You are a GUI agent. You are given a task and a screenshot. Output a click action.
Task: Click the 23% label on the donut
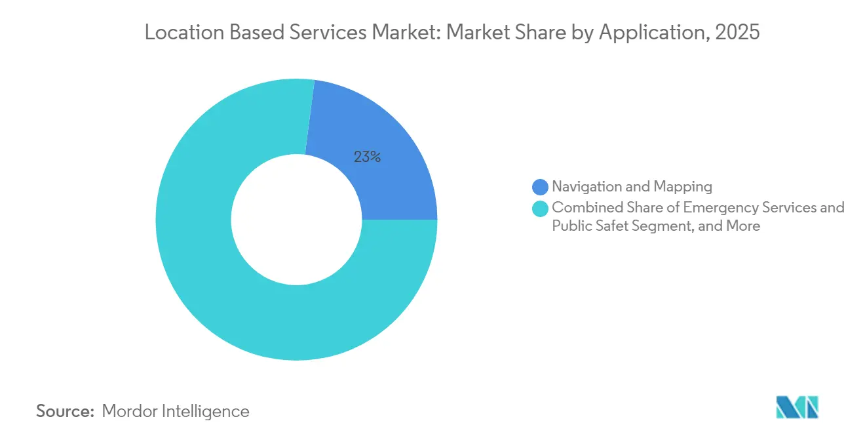tap(367, 157)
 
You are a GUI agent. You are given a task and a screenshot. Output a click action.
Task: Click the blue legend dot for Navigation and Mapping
tap(541, 187)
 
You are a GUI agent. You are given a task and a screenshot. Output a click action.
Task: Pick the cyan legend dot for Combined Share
tap(541, 208)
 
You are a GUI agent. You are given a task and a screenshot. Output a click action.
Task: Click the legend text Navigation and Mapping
tap(632, 187)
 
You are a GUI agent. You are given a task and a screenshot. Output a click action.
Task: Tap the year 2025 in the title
tap(739, 32)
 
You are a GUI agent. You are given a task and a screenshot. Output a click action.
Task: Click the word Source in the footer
tap(65, 411)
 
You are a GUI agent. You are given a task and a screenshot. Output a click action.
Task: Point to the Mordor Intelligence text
tap(176, 411)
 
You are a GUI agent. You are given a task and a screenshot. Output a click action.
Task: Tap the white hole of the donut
tap(296, 220)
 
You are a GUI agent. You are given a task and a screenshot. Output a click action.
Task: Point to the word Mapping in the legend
tap(686, 187)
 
